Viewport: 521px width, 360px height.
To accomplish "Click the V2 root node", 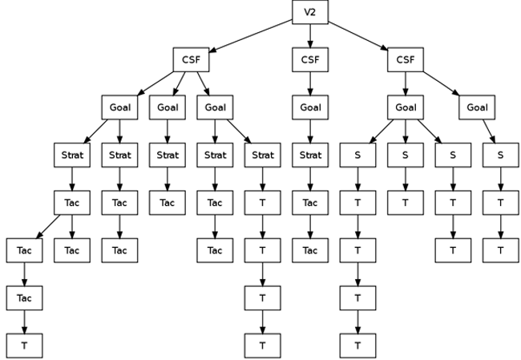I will pos(310,13).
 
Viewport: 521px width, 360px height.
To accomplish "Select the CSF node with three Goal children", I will pos(191,60).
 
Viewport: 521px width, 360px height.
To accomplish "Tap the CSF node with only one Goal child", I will pos(310,60).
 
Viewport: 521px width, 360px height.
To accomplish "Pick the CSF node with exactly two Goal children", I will pos(406,60).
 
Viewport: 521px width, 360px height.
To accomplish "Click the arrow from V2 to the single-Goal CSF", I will pos(310,37).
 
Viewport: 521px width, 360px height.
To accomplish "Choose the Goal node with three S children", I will pos(406,107).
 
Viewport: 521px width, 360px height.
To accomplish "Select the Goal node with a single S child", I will pos(477,107).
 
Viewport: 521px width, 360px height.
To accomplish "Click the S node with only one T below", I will pos(406,155).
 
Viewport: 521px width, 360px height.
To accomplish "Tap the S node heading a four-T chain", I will pos(358,155).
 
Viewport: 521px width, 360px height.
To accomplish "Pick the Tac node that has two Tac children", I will pos(71,203).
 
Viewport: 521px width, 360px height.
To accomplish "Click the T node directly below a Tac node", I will pos(24,346).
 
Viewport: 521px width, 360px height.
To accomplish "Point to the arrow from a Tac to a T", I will pos(24,322).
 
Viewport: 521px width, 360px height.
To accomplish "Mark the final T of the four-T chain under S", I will pos(358,346).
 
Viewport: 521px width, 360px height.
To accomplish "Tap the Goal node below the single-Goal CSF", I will pos(310,107).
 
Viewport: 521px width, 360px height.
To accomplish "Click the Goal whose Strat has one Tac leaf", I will pos(167,107).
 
